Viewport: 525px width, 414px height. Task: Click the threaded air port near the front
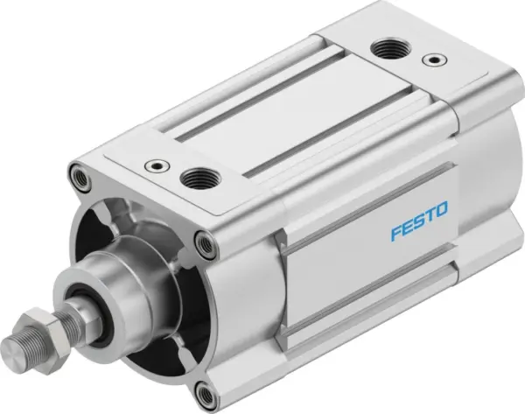tap(192, 179)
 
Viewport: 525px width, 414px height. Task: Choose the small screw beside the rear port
tap(430, 60)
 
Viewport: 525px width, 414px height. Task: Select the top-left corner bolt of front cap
tap(82, 179)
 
